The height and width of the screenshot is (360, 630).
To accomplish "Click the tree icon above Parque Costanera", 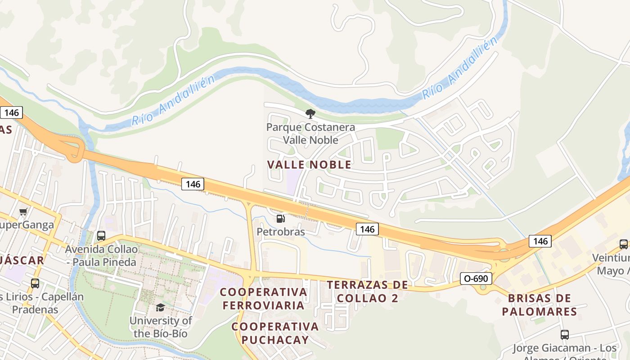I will pyautogui.click(x=310, y=113).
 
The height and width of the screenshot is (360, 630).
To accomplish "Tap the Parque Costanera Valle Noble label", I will pyautogui.click(x=310, y=134).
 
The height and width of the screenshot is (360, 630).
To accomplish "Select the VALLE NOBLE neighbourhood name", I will pyautogui.click(x=309, y=165).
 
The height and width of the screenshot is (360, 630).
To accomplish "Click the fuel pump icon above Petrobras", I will pyautogui.click(x=280, y=219).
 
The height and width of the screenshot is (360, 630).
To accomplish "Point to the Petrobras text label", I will pyautogui.click(x=281, y=232).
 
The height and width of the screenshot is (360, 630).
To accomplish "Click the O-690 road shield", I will pyautogui.click(x=476, y=279).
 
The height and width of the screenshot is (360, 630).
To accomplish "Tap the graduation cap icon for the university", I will pyautogui.click(x=160, y=307).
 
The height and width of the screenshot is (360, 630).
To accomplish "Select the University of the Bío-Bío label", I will pyautogui.click(x=161, y=327).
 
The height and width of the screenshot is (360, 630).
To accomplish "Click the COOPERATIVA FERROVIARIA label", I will pyautogui.click(x=264, y=298).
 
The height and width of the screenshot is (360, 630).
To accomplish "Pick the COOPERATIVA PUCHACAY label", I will pyautogui.click(x=275, y=333).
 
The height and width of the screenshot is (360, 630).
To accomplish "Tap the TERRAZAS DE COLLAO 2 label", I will pyautogui.click(x=368, y=291).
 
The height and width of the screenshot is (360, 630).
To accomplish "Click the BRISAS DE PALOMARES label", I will pyautogui.click(x=540, y=305).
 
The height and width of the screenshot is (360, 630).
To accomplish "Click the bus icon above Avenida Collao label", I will pyautogui.click(x=101, y=236).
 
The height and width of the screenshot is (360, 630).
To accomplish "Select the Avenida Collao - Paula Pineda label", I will pyautogui.click(x=101, y=255).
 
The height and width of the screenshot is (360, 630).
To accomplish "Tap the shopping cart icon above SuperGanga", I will pyautogui.click(x=23, y=211).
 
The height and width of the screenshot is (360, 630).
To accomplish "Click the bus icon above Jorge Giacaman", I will pyautogui.click(x=565, y=335).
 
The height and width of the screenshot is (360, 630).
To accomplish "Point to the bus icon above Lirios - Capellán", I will pyautogui.click(x=35, y=283).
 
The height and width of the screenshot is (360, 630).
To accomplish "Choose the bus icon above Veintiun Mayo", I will pyautogui.click(x=624, y=244).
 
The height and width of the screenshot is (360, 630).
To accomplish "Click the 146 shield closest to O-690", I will pyautogui.click(x=540, y=241).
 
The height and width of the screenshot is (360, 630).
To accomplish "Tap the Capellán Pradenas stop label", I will pyautogui.click(x=40, y=303).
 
